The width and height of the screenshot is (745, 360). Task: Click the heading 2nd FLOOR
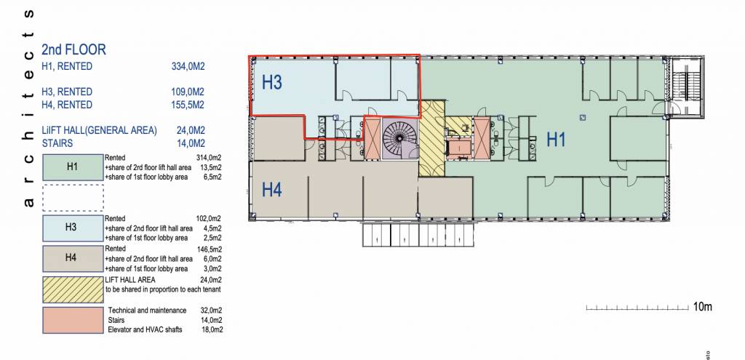tap(73, 49)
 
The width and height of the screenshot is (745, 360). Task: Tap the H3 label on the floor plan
tap(272, 82)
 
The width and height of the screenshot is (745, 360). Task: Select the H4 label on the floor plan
tap(272, 191)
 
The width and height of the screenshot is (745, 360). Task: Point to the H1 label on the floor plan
tap(556, 140)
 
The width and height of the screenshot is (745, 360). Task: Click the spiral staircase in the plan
tap(399, 138)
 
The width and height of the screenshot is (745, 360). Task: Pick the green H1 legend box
tap(73, 167)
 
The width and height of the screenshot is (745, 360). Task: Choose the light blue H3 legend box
tap(73, 228)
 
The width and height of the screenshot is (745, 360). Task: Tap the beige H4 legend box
tap(73, 258)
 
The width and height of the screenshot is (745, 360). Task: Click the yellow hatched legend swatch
tap(73, 289)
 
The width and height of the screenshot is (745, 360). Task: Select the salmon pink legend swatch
tap(73, 320)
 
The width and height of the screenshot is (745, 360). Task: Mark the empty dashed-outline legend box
tap(73, 198)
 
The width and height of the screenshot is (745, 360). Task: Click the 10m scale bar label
tap(702, 307)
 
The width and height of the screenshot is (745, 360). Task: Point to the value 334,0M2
tap(188, 66)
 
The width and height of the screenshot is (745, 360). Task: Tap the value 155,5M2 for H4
tap(188, 105)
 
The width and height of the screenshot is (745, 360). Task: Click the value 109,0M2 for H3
tap(188, 92)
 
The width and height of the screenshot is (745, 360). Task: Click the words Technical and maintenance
tap(147, 311)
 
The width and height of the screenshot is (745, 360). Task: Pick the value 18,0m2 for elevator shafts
tap(212, 329)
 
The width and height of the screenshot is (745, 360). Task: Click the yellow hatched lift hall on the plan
tap(431, 137)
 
